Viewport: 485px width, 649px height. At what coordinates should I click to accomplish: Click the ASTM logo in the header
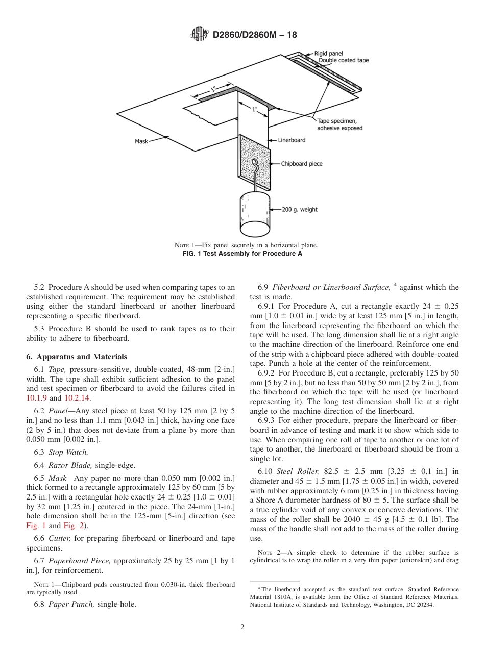pos(199,34)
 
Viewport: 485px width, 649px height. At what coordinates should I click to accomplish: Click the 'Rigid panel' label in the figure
pos(328,53)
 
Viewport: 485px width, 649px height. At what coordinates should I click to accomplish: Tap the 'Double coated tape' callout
pos(343,60)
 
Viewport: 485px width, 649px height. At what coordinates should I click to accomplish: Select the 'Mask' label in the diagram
pos(141,141)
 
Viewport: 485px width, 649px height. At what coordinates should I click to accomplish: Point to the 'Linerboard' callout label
pos(292,140)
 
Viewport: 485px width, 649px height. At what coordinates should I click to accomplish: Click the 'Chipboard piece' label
pos(302,164)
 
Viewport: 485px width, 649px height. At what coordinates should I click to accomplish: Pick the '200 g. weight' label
pos(300,209)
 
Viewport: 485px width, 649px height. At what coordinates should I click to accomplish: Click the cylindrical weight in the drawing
pos(255,214)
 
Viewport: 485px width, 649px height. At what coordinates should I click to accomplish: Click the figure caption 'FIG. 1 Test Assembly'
pos(242,254)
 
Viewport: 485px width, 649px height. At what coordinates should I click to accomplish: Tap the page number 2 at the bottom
pos(243,627)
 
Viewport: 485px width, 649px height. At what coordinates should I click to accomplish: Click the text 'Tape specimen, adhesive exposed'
pos(339,124)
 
